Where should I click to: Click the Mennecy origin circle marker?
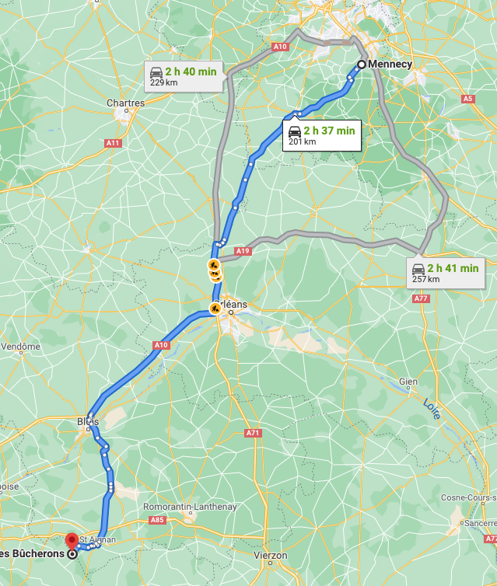[361, 65]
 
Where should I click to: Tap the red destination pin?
[72, 540]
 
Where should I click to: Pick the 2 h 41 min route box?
[446, 273]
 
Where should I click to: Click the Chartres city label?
[125, 103]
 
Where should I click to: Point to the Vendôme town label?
[20, 347]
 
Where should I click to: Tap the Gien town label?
[408, 382]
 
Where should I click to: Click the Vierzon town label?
[271, 556]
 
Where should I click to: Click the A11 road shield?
[113, 143]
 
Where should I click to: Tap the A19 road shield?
[243, 251]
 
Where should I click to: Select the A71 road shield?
[253, 433]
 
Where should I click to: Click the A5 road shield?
[467, 99]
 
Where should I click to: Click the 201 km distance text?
[302, 141]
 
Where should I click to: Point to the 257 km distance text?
[425, 279]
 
